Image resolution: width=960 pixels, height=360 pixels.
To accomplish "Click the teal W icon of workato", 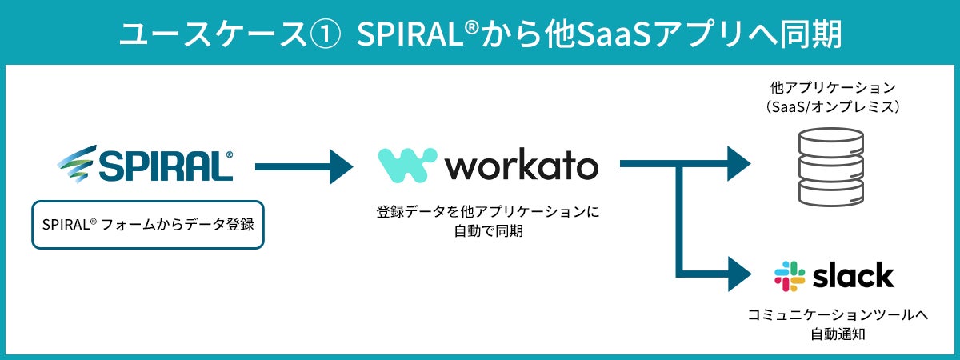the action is point(407,166).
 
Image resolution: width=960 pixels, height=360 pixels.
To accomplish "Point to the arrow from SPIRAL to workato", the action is point(304,166).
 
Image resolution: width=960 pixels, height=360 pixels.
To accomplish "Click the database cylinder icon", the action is point(831,167).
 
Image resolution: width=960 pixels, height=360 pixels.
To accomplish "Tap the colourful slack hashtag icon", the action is point(790,277).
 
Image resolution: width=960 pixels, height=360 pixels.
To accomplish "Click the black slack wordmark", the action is point(854,275).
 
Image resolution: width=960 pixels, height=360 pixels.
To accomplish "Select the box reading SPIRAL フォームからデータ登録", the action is point(148,225).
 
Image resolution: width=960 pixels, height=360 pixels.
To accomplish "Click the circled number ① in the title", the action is point(326,34).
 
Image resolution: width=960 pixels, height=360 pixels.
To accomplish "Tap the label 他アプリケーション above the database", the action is point(833,87).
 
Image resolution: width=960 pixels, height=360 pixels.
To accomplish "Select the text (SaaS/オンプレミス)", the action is point(833,106).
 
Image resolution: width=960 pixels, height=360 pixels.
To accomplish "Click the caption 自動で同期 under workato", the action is point(488,231).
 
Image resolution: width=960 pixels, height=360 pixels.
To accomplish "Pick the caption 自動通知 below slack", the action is point(838,334).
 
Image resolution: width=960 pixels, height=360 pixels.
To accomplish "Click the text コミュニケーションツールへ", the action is point(838,315).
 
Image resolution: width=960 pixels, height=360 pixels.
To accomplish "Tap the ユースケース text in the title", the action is point(212,34).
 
